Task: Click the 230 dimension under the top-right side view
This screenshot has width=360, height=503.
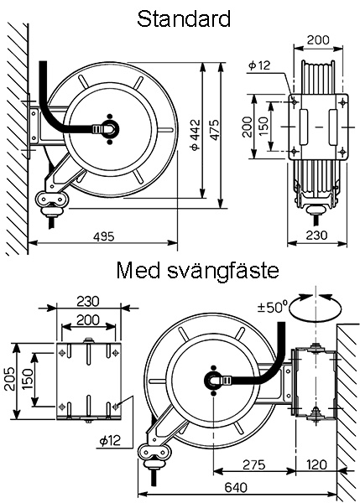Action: (315, 236)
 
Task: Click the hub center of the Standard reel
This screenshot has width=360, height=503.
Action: (110, 127)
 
